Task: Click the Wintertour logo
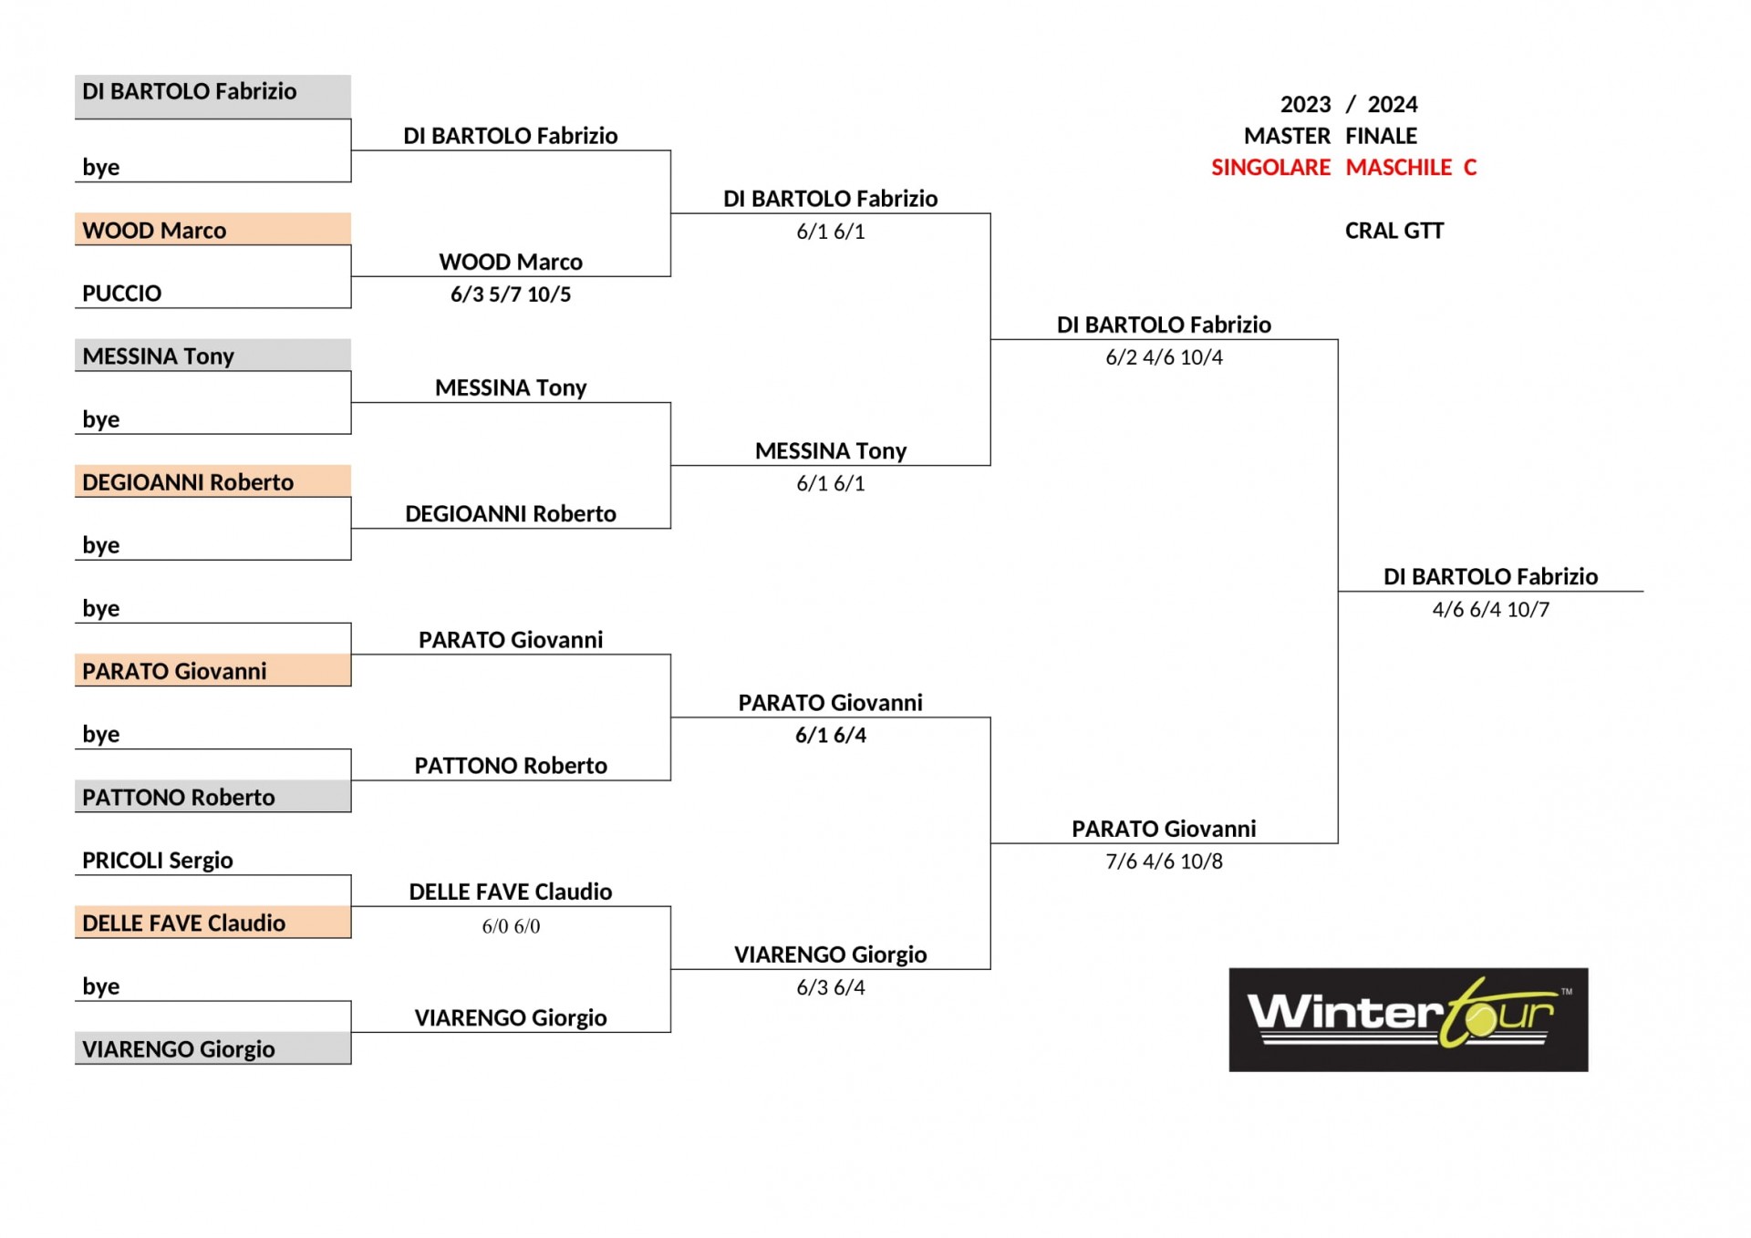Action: (1408, 1019)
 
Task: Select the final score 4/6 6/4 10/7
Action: (1490, 609)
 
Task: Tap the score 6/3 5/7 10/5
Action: (511, 294)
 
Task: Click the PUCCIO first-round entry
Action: (121, 294)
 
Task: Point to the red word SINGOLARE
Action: (1270, 168)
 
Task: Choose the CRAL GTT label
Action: (1394, 231)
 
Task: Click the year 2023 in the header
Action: (1305, 104)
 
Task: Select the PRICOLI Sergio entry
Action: (158, 860)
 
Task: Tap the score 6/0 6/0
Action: (511, 926)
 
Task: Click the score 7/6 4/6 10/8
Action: (1164, 861)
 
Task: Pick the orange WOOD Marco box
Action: (212, 229)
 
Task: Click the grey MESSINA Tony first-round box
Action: (212, 355)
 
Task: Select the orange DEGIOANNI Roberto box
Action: (212, 480)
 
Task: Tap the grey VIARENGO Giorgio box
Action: (212, 1047)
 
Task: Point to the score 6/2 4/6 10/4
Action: (1164, 357)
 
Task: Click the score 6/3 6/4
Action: (831, 987)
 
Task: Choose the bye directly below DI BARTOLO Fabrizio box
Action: (100, 167)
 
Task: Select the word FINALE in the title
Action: (1381, 136)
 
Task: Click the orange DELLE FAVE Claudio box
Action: (212, 922)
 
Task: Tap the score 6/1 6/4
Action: (831, 735)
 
